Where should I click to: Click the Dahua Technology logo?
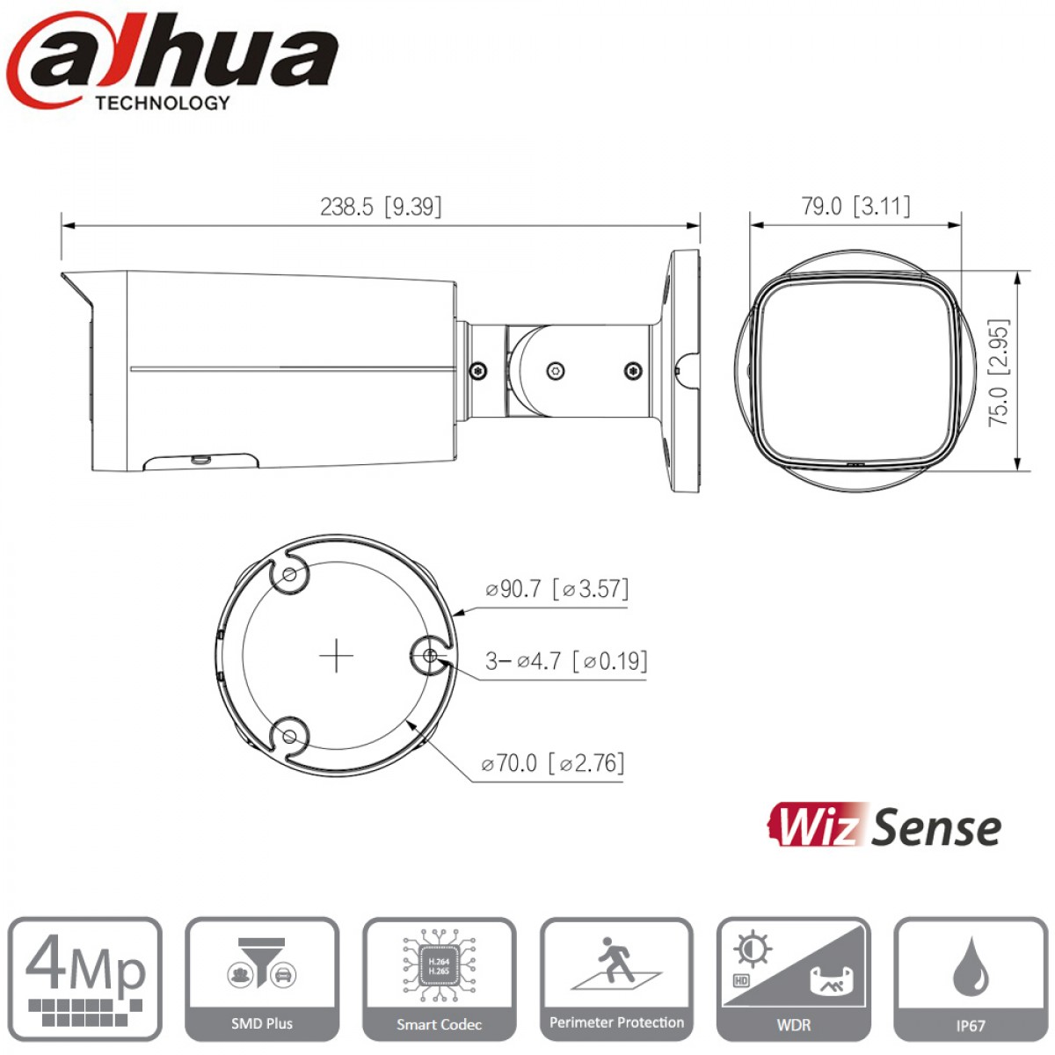click(x=172, y=61)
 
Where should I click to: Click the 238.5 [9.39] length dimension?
click(x=381, y=207)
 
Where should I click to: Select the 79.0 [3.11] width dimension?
click(x=855, y=206)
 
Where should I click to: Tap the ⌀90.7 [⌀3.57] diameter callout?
click(x=557, y=589)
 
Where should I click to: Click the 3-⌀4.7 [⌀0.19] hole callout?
click(x=566, y=661)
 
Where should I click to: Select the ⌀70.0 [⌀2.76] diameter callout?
click(x=552, y=762)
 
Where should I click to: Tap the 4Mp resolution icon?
click(x=85, y=979)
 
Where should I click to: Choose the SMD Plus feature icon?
click(x=262, y=979)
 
